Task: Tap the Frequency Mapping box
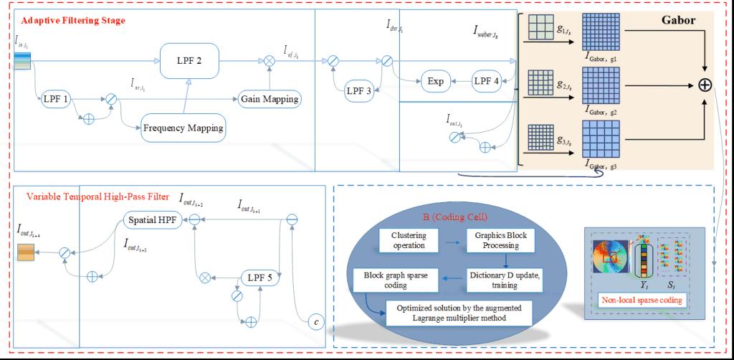182,128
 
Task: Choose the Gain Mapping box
269,98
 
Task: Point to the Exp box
436,82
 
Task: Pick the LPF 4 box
490,82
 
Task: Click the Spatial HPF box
151,219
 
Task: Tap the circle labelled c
316,323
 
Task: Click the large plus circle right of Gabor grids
705,85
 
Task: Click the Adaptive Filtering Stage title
73,20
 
